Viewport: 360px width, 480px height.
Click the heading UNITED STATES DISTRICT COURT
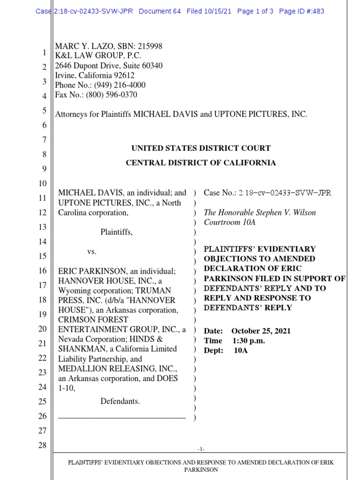click(x=201, y=148)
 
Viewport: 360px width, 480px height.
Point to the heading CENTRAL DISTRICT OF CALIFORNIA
click(x=201, y=163)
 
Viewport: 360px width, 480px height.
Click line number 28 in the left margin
click(x=42, y=445)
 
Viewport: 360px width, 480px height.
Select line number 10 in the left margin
click(x=42, y=183)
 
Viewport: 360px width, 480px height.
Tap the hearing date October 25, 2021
click(x=261, y=331)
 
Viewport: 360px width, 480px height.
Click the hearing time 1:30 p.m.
click(x=248, y=341)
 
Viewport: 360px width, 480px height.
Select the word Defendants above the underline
click(x=120, y=401)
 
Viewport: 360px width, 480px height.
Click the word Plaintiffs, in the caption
click(x=116, y=232)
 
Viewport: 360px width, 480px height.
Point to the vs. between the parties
click(x=92, y=252)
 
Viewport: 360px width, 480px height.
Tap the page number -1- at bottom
click(x=201, y=449)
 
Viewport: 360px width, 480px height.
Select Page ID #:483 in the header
click(x=301, y=11)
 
